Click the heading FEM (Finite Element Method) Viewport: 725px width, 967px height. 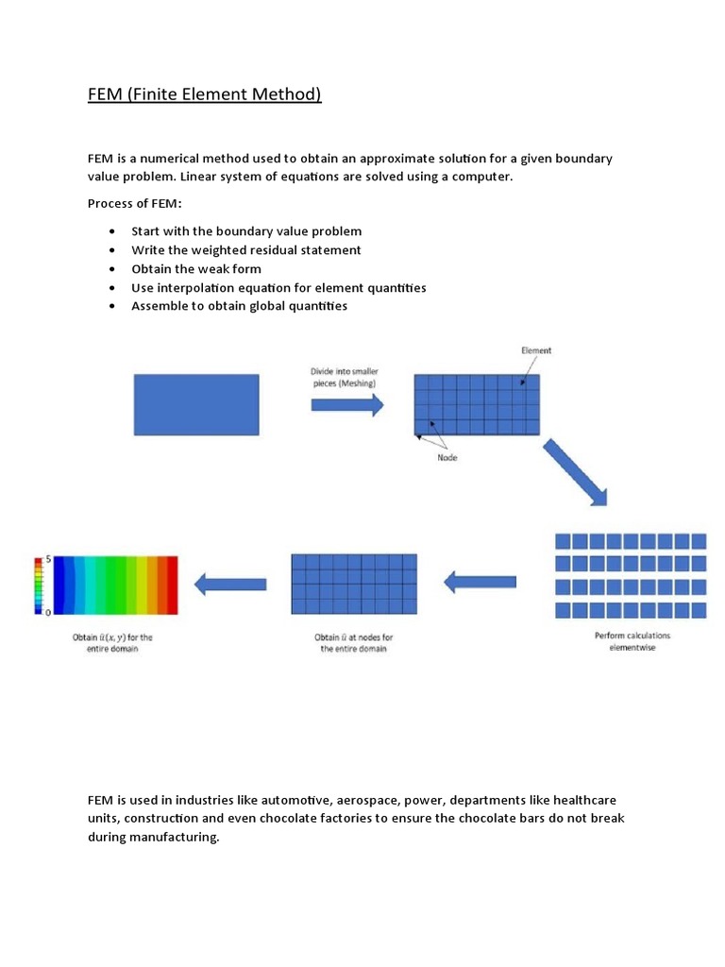[205, 94]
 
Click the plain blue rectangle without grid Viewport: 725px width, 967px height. [196, 405]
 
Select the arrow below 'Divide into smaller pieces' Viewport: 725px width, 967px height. [346, 405]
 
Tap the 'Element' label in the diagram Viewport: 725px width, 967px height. [536, 350]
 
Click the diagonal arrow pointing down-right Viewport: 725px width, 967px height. [574, 472]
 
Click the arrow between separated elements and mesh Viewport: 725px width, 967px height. [480, 582]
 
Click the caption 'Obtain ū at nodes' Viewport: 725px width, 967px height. [354, 643]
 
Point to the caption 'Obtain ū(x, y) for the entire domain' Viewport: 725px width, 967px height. [113, 643]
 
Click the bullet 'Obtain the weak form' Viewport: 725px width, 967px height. [196, 269]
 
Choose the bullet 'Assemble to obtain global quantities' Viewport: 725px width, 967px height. [239, 306]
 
